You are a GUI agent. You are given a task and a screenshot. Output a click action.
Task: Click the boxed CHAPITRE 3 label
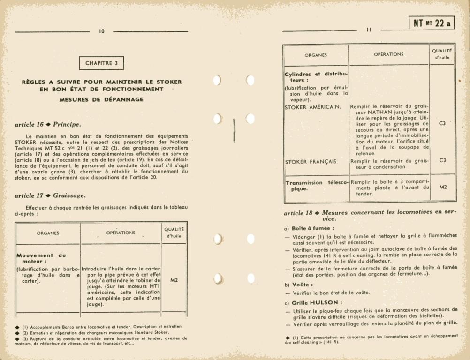click(x=102, y=63)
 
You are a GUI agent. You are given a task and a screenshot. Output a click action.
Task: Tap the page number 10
click(x=102, y=31)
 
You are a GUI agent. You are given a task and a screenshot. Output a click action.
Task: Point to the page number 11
click(x=369, y=30)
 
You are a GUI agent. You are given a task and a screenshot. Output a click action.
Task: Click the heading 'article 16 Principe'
click(x=48, y=124)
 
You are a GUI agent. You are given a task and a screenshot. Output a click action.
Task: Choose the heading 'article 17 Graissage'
click(x=50, y=195)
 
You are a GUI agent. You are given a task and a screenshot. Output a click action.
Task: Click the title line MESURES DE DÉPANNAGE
click(x=101, y=99)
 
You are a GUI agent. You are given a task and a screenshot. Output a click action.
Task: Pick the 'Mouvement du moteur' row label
click(x=41, y=258)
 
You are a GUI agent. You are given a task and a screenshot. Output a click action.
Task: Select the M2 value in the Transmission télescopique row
click(x=442, y=187)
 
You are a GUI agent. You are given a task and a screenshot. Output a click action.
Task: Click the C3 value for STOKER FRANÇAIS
click(x=442, y=160)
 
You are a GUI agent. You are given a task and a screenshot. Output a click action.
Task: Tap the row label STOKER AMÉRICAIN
click(x=313, y=107)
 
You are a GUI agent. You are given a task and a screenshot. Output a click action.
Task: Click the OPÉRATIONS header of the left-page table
click(x=121, y=232)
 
